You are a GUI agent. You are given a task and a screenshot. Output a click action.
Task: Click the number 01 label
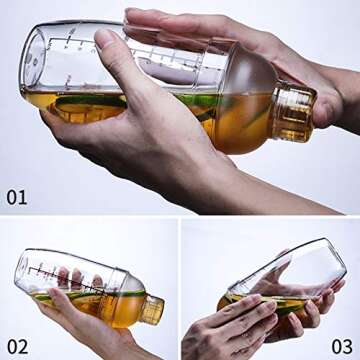pos(17,196)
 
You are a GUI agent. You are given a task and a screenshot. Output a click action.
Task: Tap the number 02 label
pos(17,345)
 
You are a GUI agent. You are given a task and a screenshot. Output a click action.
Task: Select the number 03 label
pos(342,345)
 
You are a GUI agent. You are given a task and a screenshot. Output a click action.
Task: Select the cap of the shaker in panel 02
pos(151,309)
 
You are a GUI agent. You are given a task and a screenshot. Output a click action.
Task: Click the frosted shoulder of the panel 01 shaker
pos(240,90)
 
